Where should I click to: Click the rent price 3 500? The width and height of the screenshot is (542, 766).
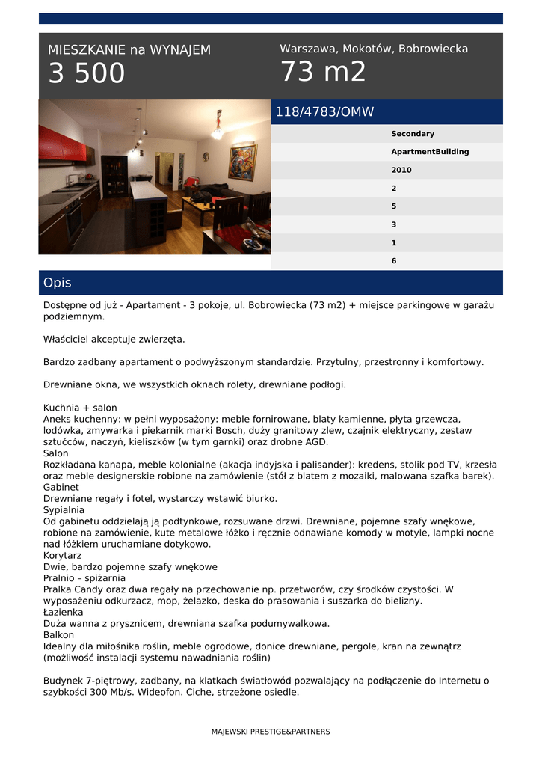[x=87, y=74]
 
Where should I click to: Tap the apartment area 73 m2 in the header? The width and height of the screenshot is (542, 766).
[x=323, y=72]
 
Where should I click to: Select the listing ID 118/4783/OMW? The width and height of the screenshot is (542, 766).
[x=324, y=112]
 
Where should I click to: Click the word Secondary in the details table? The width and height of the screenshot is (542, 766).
[x=413, y=134]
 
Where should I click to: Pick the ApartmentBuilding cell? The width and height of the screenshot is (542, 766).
[x=430, y=152]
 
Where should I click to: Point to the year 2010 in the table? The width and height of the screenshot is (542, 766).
[x=401, y=170]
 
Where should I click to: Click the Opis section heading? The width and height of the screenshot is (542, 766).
[x=58, y=283]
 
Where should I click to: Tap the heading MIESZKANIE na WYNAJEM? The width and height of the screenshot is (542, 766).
[x=129, y=50]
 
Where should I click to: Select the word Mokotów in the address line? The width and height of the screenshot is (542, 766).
[x=369, y=49]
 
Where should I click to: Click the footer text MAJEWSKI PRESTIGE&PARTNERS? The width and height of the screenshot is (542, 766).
[x=271, y=732]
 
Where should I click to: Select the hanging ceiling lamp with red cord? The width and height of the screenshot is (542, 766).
[x=218, y=127]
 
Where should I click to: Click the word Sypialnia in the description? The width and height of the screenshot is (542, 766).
[x=64, y=509]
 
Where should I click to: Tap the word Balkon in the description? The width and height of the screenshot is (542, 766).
[x=59, y=634]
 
